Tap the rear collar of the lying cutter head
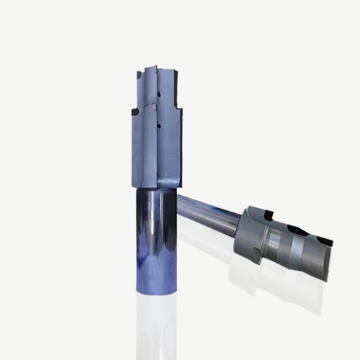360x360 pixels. [x=248, y=223]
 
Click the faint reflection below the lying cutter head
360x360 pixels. [x=281, y=288]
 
